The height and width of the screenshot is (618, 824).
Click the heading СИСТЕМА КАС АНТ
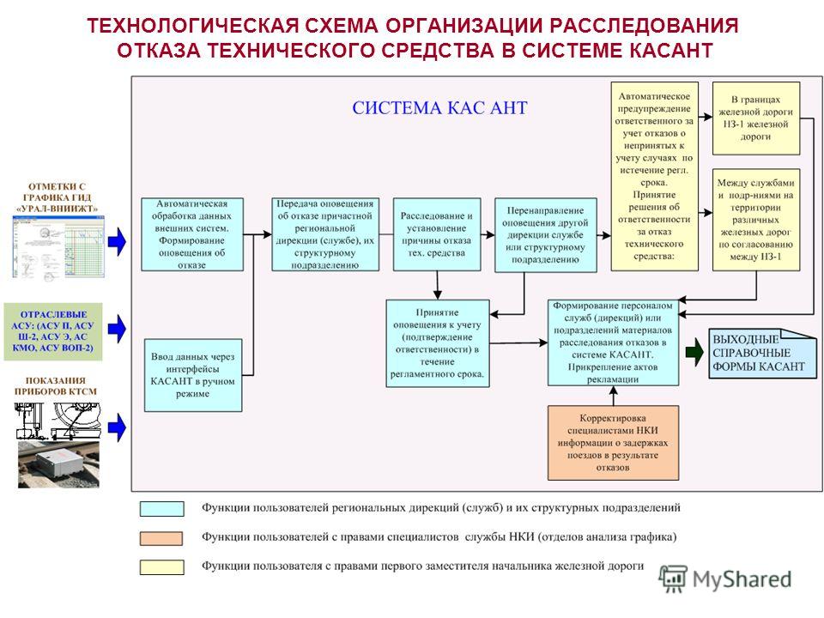pos(440,107)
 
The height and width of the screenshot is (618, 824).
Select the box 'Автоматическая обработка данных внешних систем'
pos(192,234)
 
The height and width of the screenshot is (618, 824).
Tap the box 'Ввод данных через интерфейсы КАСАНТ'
pos(192,374)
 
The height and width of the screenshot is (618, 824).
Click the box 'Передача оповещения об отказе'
pos(325,234)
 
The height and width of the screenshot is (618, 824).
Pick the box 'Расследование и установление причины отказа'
pos(434,234)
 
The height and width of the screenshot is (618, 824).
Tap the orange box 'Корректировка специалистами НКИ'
pos(613,442)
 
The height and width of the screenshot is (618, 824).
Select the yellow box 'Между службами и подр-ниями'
pos(755,219)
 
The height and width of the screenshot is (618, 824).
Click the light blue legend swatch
pos(162,508)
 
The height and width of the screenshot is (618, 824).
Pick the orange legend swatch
pos(162,538)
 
